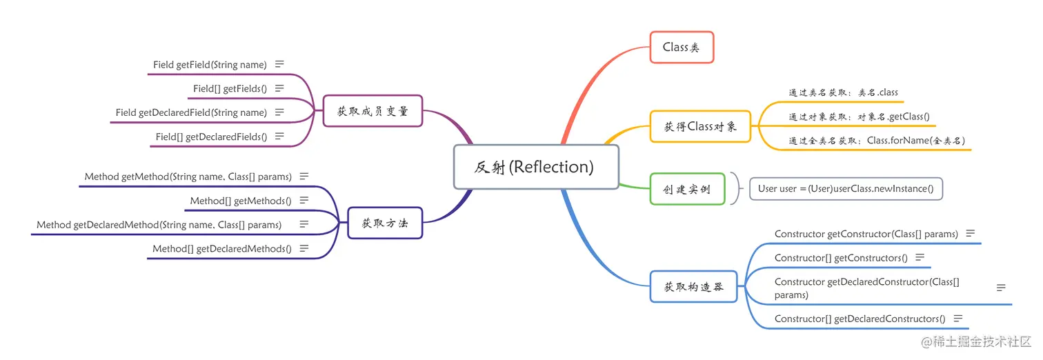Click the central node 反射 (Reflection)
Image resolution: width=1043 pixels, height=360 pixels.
click(535, 167)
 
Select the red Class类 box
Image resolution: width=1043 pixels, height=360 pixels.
click(682, 48)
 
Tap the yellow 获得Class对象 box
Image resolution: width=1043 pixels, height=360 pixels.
click(700, 126)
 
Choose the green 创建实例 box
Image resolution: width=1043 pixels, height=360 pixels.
click(687, 189)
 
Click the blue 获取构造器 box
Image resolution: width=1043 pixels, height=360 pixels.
click(694, 286)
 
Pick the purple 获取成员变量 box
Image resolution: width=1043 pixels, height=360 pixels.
click(372, 111)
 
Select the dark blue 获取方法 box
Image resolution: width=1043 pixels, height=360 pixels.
click(385, 223)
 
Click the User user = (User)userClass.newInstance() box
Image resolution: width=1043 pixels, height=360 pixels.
click(845, 189)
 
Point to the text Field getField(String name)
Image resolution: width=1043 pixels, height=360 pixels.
click(210, 65)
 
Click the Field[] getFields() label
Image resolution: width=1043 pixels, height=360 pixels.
click(230, 88)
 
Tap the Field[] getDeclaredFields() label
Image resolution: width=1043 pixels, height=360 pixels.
click(211, 137)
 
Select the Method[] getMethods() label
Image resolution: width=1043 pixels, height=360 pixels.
click(240, 201)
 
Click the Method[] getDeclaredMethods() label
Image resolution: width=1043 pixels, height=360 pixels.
click(221, 248)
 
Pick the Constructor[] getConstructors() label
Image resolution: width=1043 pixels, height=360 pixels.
click(841, 258)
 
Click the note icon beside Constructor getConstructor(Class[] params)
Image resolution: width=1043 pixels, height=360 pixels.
click(970, 234)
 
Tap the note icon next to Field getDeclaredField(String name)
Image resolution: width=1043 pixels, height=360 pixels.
click(279, 112)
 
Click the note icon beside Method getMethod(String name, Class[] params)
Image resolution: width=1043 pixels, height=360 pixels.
click(304, 177)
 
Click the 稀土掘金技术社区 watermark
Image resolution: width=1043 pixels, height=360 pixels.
click(980, 341)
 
